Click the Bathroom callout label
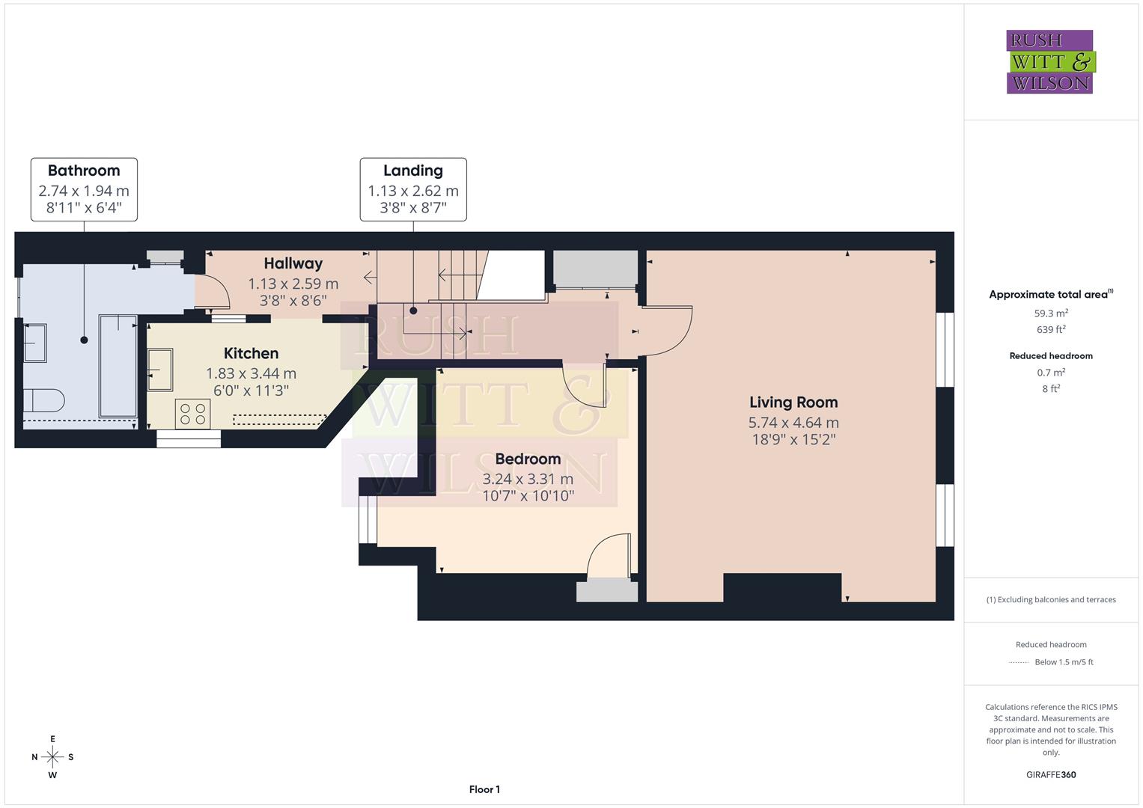[x=84, y=171]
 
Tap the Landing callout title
[x=412, y=171]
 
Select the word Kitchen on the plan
[x=251, y=353]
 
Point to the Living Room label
[x=793, y=403]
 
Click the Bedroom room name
[x=528, y=459]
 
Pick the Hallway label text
[x=293, y=263]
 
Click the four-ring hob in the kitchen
[x=193, y=414]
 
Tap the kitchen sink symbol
[x=159, y=370]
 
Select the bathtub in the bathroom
[x=118, y=366]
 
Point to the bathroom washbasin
[x=34, y=343]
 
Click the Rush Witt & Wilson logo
[x=1049, y=62]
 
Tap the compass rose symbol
[x=52, y=757]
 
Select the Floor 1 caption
[x=484, y=789]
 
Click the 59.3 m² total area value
[x=1051, y=313]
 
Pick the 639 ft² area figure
[x=1051, y=330]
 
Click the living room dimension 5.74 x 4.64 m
[x=793, y=423]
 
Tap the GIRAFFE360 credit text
[x=1051, y=774]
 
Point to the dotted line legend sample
[x=1019, y=662]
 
